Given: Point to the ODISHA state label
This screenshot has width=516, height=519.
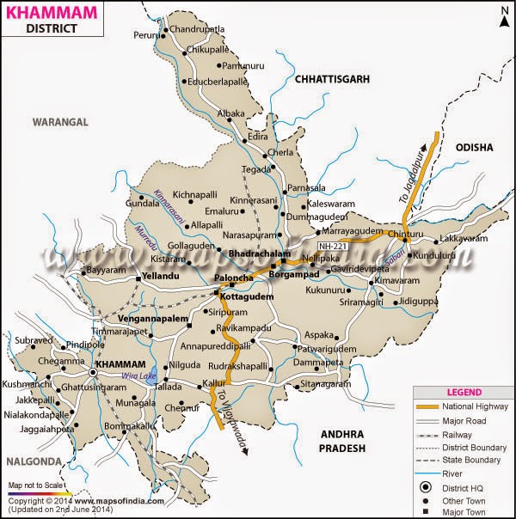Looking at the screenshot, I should [475, 147].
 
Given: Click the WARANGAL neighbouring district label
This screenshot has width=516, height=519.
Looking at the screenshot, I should [60, 122].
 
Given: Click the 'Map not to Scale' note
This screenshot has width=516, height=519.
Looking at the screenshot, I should [36, 485].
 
